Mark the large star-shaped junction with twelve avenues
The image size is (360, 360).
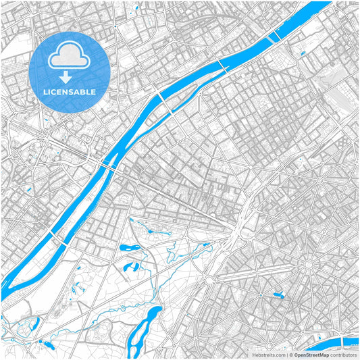click(x=309, y=264)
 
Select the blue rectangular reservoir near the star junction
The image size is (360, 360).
click(x=278, y=294)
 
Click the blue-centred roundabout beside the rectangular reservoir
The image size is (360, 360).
click(x=261, y=294)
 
